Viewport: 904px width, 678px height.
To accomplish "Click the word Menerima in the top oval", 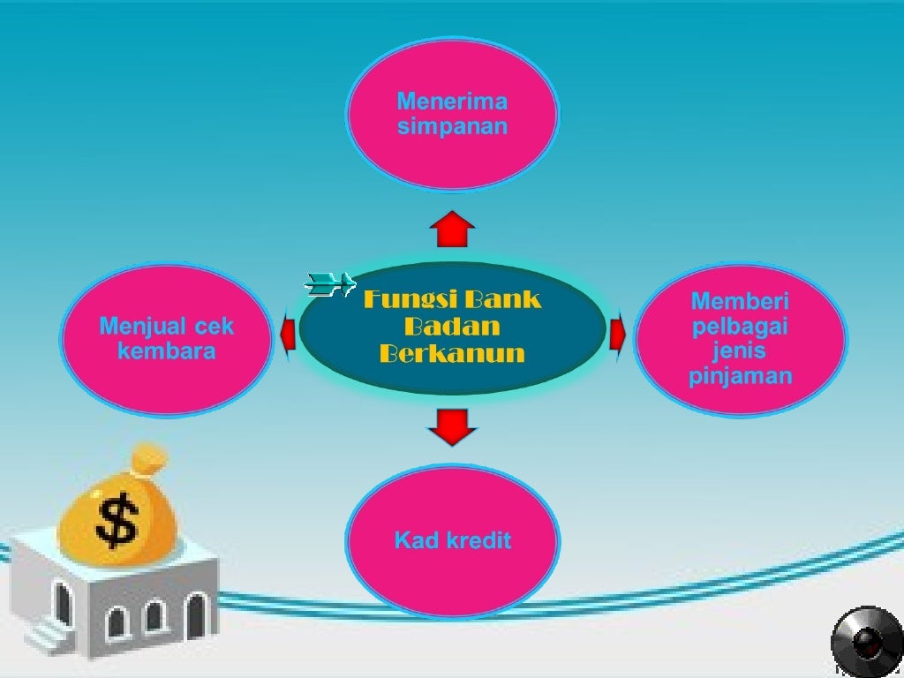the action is pyautogui.click(x=452, y=100).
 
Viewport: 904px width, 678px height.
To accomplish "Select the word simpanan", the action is pyautogui.click(x=452, y=125).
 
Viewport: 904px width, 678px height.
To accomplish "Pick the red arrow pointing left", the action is pyautogui.click(x=288, y=333).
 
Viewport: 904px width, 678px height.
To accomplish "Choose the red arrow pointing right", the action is pyautogui.click(x=617, y=334).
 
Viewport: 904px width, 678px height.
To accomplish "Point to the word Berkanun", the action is pyautogui.click(x=452, y=354).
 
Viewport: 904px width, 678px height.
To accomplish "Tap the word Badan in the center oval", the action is pyautogui.click(x=452, y=327).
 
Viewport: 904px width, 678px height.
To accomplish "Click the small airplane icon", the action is pyautogui.click(x=328, y=282).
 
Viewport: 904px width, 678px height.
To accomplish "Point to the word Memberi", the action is pyautogui.click(x=740, y=301).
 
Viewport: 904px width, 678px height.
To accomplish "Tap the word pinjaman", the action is pyautogui.click(x=740, y=377).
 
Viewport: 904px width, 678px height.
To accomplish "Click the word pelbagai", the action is pyautogui.click(x=740, y=327).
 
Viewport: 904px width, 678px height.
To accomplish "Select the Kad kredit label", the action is pyautogui.click(x=452, y=540).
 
